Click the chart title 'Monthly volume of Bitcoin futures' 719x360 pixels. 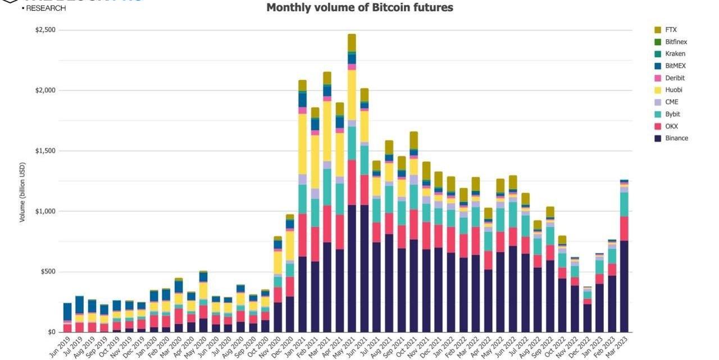tap(359, 8)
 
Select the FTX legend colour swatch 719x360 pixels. tap(657, 30)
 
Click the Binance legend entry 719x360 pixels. tap(676, 138)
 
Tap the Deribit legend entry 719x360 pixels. tap(675, 78)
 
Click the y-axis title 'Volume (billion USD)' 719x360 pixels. tap(22, 193)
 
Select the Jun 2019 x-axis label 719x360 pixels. tap(60, 345)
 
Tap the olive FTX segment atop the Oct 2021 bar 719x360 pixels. tap(413, 140)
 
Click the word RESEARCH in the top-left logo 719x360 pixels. tap(45, 8)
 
